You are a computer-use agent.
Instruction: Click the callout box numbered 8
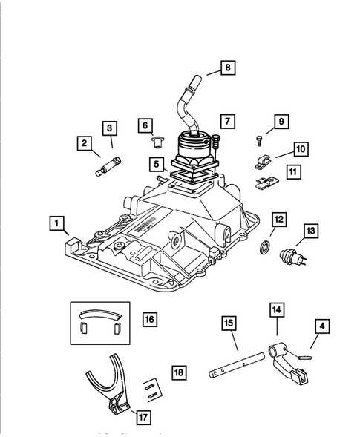(228, 68)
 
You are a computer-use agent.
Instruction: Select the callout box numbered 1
(57, 223)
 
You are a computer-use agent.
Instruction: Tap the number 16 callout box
(150, 319)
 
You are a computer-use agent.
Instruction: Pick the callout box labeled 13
(311, 231)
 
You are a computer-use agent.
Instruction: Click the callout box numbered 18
(179, 372)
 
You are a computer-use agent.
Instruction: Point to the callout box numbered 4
(322, 326)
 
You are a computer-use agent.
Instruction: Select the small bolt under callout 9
(259, 140)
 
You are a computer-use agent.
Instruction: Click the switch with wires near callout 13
(292, 257)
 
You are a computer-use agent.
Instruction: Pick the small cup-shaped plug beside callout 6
(157, 142)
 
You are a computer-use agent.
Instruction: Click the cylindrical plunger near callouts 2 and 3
(108, 166)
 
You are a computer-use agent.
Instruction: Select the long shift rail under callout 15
(237, 364)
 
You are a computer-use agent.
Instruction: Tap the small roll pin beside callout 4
(304, 358)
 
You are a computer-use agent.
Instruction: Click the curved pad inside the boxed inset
(100, 315)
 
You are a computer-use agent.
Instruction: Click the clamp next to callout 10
(263, 162)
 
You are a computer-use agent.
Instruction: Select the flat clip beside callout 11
(267, 183)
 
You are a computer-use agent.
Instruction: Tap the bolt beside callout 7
(216, 142)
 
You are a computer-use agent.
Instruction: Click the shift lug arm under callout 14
(287, 362)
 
